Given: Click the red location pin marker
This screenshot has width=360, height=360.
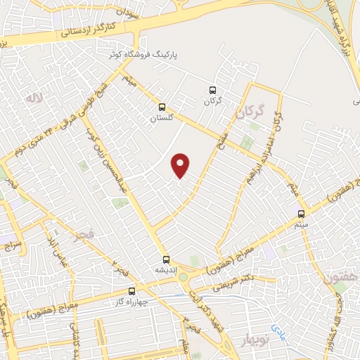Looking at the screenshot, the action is pyautogui.click(x=181, y=165).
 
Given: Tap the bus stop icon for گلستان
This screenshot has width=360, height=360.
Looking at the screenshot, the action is pyautogui.click(x=163, y=108).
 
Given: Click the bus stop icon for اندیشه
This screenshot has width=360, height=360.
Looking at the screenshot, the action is pyautogui.click(x=167, y=259).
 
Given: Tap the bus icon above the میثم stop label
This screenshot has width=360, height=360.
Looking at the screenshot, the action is pyautogui.click(x=301, y=214).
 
